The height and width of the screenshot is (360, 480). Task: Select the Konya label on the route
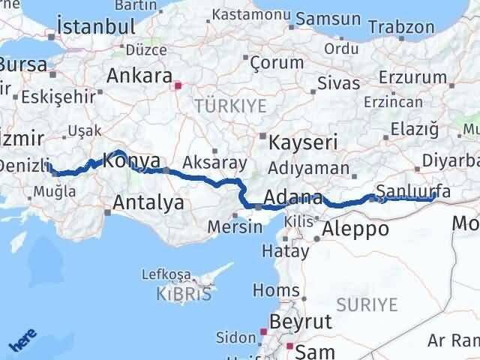click(131, 160)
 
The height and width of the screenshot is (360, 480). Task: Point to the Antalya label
click(148, 202)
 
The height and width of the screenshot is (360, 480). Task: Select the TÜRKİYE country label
click(230, 106)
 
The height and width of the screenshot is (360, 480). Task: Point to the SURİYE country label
click(366, 304)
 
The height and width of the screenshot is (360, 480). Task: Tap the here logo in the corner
click(23, 343)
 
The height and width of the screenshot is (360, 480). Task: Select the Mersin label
click(231, 226)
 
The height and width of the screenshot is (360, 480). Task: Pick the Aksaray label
click(213, 162)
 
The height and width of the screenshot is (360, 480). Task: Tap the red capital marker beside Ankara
click(177, 85)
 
